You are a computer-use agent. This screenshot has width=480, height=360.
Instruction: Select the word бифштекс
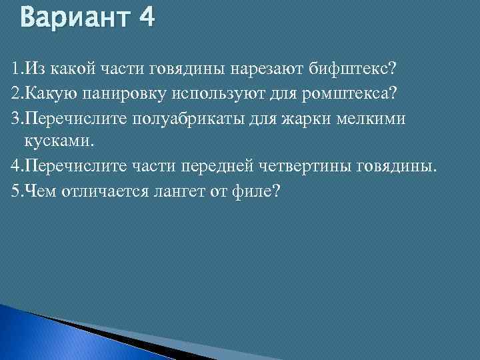point(360,68)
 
